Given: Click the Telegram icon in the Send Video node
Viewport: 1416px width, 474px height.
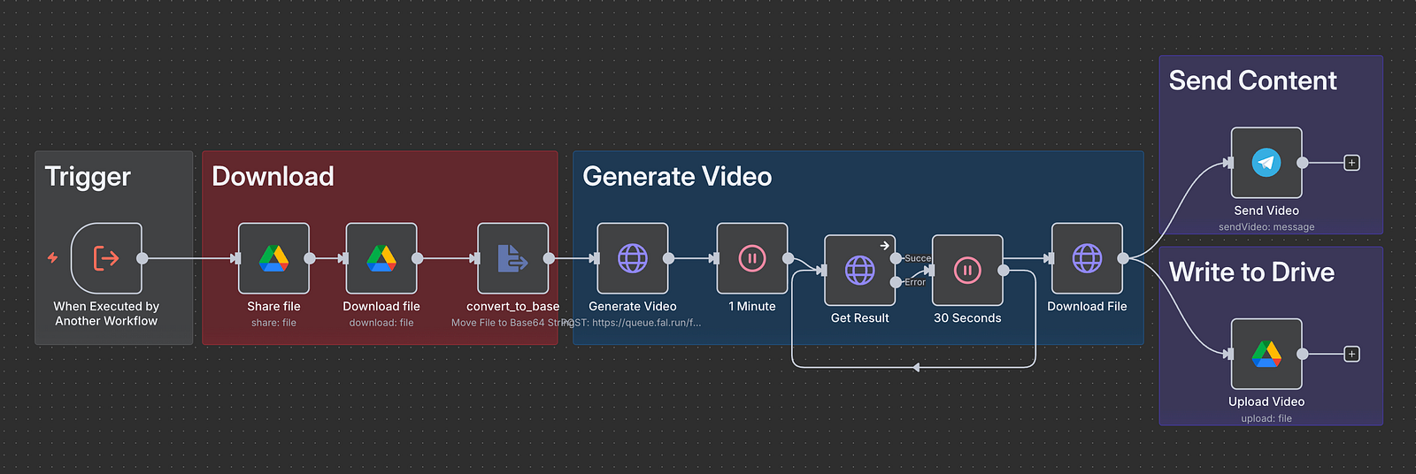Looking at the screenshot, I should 1266,163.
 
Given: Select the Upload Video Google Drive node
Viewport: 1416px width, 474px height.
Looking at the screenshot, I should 1266,354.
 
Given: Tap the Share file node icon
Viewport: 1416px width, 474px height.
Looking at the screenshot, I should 273,258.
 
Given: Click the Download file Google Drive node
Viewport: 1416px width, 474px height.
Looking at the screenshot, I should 381,258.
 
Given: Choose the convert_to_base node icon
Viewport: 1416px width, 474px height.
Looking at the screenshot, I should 512,258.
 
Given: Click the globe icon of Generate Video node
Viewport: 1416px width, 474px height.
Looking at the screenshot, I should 633,258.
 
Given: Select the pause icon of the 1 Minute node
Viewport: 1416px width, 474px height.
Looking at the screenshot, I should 752,258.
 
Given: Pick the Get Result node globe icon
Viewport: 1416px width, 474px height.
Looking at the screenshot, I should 859,270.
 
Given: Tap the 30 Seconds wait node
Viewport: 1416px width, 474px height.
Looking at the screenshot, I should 967,270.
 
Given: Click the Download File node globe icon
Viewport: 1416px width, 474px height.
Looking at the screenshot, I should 1087,258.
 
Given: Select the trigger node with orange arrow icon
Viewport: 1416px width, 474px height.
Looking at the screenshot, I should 106,258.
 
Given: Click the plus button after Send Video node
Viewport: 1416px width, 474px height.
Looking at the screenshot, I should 1351,163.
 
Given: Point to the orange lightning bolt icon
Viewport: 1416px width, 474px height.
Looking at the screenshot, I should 53,257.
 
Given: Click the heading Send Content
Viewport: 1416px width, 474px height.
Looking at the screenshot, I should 1252,81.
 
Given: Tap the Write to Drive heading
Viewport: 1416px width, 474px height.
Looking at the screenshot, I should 1251,272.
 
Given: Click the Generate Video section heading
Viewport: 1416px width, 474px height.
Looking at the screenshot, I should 677,177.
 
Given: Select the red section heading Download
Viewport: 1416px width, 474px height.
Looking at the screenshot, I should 273,177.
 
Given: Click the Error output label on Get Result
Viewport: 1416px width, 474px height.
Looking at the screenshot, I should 915,282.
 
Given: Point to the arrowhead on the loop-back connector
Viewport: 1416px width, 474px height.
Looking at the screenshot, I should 915,367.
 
